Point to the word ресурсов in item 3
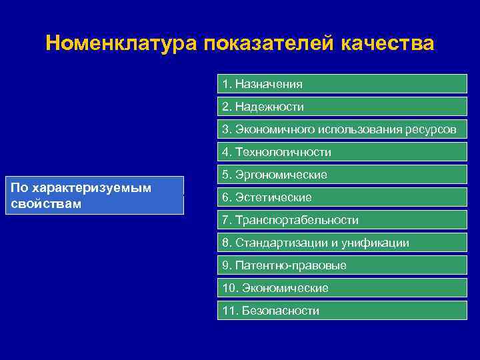point(431,129)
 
